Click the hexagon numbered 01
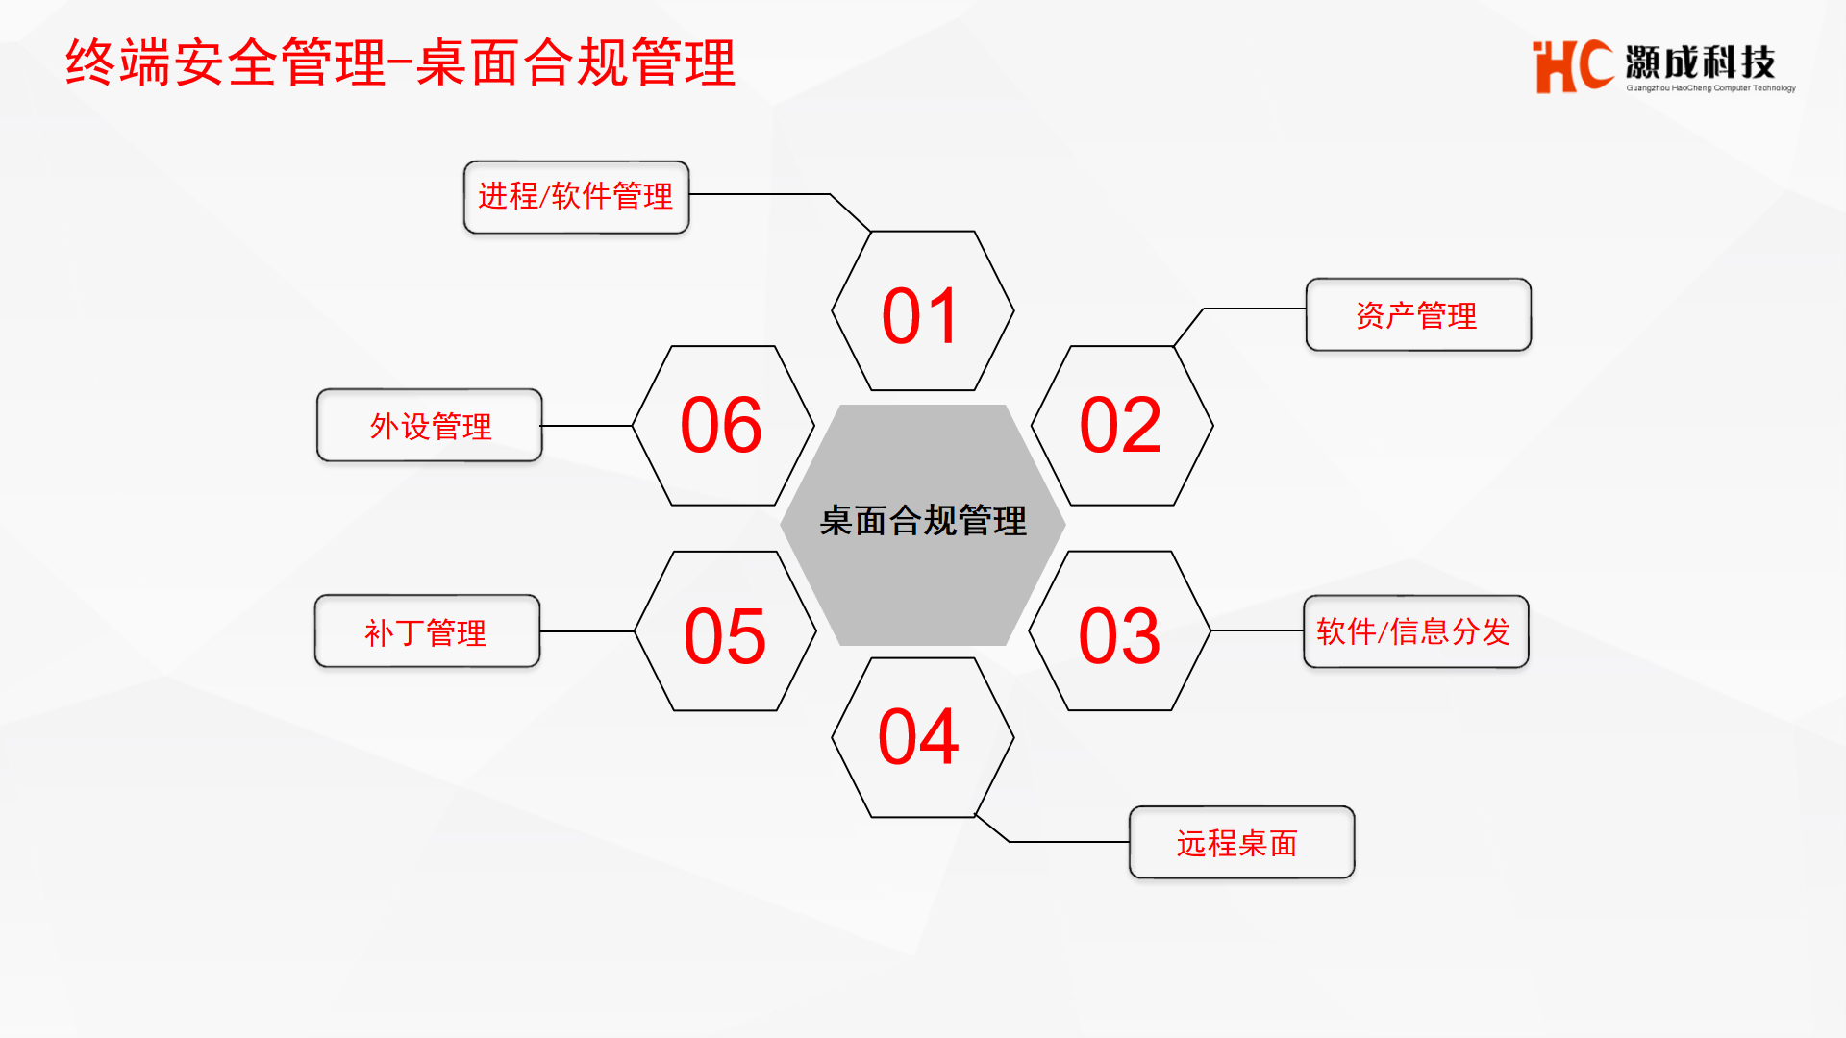point(923,310)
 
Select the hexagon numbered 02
point(1122,426)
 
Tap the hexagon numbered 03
point(1120,631)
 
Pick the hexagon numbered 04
point(923,738)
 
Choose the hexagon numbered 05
point(725,631)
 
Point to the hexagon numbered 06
point(723,426)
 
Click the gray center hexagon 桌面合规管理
point(923,525)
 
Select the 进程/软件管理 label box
point(577,197)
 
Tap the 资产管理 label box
point(1418,315)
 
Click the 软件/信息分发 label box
point(1416,631)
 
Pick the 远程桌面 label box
point(1242,843)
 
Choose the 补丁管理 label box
point(428,631)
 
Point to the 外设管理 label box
point(430,426)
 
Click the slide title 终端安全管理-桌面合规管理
point(400,63)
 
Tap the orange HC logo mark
point(1573,66)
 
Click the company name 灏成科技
point(1700,62)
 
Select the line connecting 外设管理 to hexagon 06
point(587,426)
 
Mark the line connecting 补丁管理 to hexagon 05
point(587,631)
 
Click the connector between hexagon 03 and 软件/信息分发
point(1258,631)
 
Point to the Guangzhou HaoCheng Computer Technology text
point(1710,88)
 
